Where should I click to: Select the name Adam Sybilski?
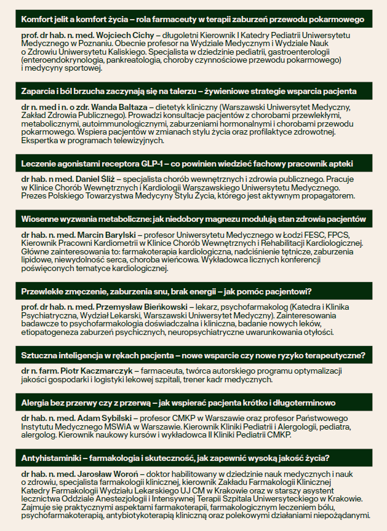pos(102,419)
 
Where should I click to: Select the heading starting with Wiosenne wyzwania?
pos(193,219)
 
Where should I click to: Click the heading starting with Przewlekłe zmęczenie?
pos(166,291)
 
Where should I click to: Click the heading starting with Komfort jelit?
pos(193,20)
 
